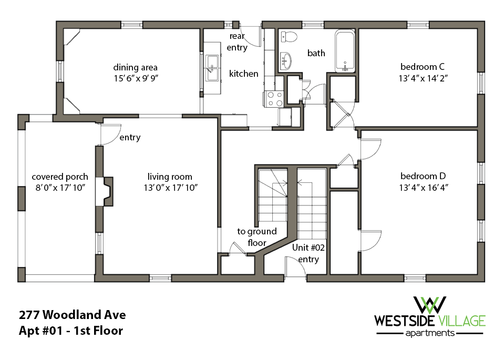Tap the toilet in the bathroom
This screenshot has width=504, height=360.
click(x=288, y=36)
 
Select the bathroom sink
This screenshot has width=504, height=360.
click(x=285, y=60)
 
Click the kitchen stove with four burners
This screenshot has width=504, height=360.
click(x=275, y=98)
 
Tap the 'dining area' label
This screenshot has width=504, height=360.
click(x=136, y=67)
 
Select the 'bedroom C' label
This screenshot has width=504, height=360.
click(x=423, y=67)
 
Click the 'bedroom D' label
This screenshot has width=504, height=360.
click(x=423, y=176)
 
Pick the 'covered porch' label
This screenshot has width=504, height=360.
click(x=60, y=177)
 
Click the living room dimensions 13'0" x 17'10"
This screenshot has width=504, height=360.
click(x=170, y=188)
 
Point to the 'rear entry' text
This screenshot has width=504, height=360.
click(x=237, y=42)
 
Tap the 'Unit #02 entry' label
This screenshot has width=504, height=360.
click(x=308, y=253)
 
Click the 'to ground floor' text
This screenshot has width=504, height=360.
click(x=257, y=237)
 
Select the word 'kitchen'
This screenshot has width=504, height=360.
click(x=243, y=74)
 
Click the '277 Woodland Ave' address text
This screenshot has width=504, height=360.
click(x=73, y=315)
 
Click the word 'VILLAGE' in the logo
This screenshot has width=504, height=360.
click(x=460, y=321)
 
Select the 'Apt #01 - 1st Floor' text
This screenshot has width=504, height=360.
click(x=71, y=331)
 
